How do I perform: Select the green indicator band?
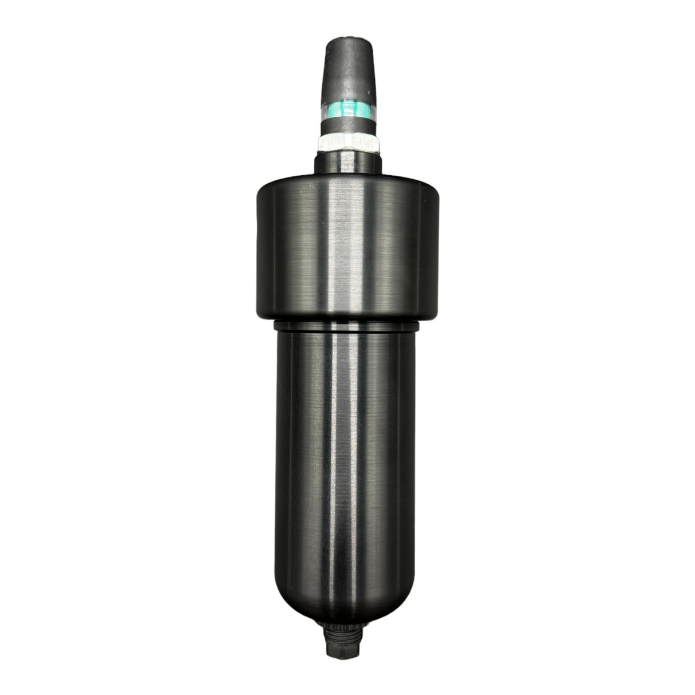(x=347, y=108)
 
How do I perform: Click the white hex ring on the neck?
(x=347, y=143)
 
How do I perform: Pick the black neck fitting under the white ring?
(x=347, y=163)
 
